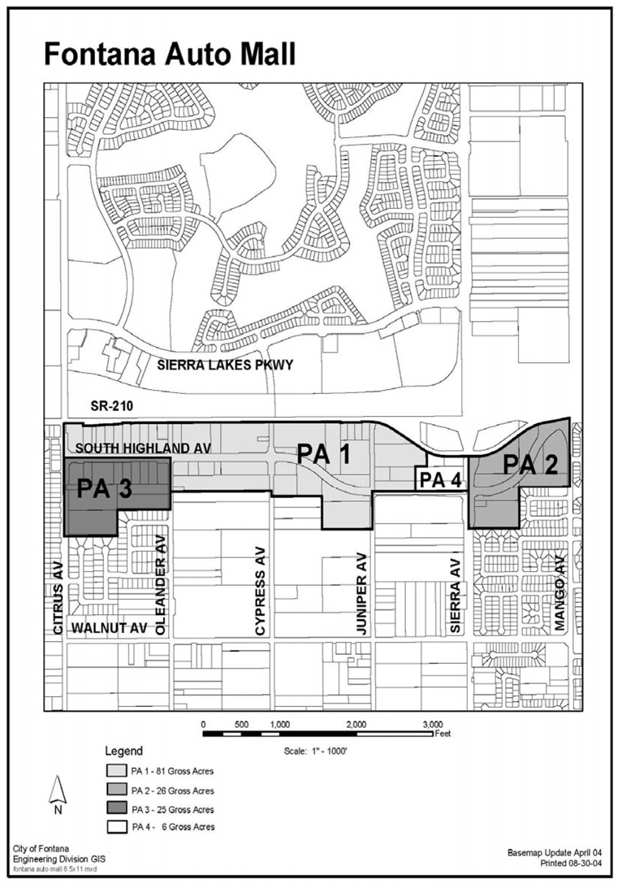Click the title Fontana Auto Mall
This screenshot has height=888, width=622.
click(x=170, y=55)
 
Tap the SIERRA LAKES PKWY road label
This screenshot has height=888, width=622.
click(x=225, y=365)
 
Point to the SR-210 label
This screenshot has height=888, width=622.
click(x=111, y=406)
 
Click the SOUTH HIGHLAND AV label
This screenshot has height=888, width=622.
click(x=143, y=448)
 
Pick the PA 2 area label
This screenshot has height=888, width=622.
click(x=530, y=465)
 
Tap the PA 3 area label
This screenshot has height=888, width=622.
click(x=104, y=488)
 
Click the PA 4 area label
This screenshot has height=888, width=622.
click(x=442, y=481)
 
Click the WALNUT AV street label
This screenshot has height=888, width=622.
click(x=110, y=627)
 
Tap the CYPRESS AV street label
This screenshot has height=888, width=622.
click(x=260, y=591)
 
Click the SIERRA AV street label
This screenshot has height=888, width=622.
click(x=456, y=596)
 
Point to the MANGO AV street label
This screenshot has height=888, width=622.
click(x=559, y=593)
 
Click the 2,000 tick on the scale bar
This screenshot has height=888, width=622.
click(x=356, y=725)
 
